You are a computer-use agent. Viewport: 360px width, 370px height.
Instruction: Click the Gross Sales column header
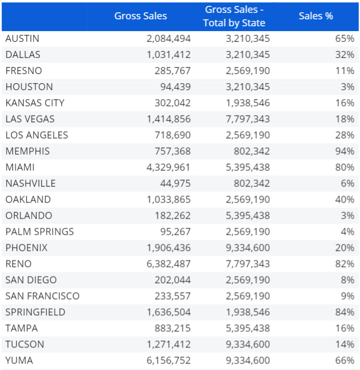(x=141, y=16)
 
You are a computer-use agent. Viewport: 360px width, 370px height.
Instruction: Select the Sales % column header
(x=316, y=16)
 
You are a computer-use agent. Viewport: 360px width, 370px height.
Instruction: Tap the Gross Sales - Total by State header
(x=234, y=16)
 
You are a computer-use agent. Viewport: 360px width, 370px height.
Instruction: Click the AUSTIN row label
(x=23, y=39)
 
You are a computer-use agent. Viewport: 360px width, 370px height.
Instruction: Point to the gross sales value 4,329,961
(x=168, y=167)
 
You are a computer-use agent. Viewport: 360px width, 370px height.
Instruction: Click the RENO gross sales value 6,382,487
(x=168, y=264)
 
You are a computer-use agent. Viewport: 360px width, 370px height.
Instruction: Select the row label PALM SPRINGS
(x=40, y=231)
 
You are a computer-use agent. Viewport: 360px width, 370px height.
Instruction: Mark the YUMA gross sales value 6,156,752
(x=168, y=360)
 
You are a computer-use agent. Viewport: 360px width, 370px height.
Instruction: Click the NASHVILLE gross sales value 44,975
(x=175, y=183)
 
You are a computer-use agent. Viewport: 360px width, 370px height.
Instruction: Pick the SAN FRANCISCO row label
(x=42, y=296)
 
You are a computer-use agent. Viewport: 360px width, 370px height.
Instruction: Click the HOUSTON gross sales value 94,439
(x=175, y=86)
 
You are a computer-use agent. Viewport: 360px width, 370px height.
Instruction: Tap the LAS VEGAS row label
(x=30, y=119)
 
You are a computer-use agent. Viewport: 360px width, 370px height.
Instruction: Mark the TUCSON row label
(x=25, y=344)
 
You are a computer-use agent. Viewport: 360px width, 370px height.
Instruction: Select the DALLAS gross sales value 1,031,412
(x=168, y=54)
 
